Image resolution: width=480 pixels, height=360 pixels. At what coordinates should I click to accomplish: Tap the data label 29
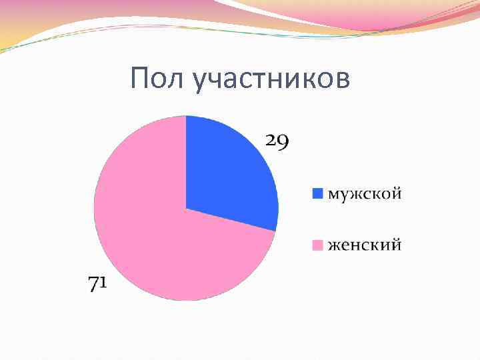pos(277,141)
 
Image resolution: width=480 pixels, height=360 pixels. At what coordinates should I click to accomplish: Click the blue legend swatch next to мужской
pos(317,193)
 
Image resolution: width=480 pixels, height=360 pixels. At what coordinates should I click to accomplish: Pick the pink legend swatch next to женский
pos(317,245)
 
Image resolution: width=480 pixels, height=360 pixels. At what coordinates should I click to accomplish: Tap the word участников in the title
pos(270,79)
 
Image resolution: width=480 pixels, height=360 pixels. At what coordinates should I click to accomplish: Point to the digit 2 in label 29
pos(271,141)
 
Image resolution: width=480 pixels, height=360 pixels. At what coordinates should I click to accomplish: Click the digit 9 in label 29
pos(283,142)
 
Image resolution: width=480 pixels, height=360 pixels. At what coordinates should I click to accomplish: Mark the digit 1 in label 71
pos(105,284)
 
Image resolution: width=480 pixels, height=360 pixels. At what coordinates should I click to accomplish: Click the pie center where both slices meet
pos(186,208)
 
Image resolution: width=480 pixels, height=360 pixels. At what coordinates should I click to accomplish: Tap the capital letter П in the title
pos(139,78)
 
